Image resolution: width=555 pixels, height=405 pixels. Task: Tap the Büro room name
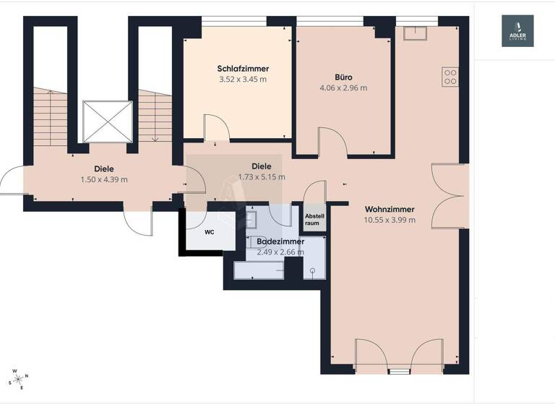coord(343,77)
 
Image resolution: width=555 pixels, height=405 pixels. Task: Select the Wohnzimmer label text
coord(390,209)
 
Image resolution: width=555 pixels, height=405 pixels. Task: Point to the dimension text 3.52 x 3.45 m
coord(242,80)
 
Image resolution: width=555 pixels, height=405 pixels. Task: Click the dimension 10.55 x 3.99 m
coord(390,220)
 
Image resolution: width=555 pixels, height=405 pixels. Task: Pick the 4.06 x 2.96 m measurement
coord(343,88)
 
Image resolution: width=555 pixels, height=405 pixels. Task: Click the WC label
coord(209,232)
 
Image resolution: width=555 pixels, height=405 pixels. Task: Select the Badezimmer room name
coord(280,241)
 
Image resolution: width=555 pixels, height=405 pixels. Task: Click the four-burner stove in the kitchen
coord(450,76)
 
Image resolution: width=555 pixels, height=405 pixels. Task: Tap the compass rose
coord(18,379)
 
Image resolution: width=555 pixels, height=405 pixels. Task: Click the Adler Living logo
coord(517,31)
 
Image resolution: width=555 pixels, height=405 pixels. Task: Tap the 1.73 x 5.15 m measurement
coord(261,176)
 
